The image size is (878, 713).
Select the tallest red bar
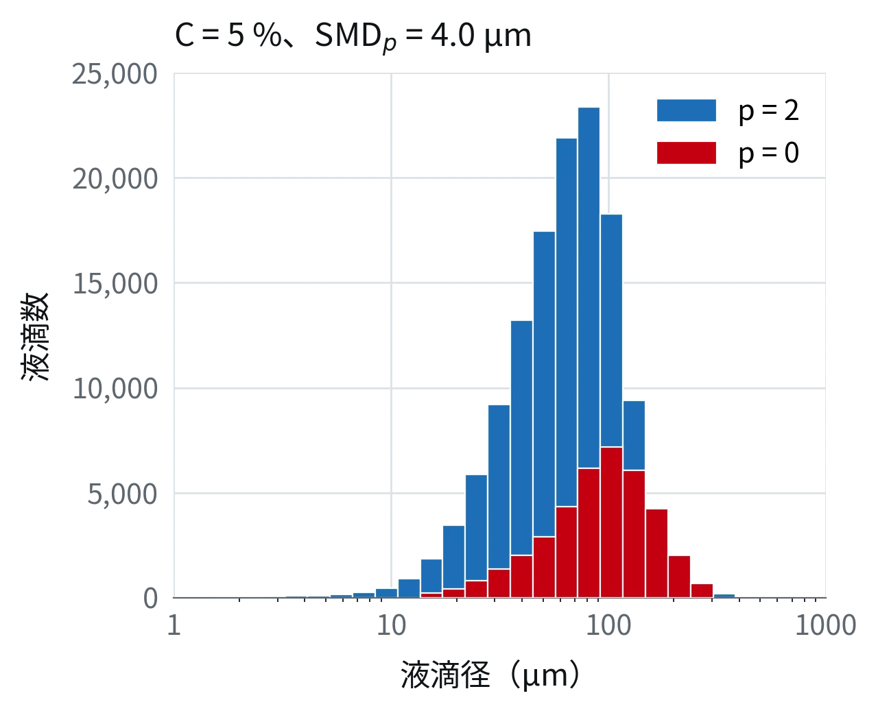(611, 522)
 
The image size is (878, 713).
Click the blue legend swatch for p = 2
(687, 110)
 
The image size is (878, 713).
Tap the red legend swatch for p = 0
(687, 153)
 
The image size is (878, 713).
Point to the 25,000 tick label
(115, 75)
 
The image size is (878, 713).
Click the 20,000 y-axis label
(115, 179)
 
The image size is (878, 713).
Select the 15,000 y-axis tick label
(115, 284)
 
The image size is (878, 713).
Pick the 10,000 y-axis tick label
(115, 389)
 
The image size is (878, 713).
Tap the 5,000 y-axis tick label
(122, 494)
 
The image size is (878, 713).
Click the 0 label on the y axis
(150, 598)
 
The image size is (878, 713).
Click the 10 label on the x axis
(391, 625)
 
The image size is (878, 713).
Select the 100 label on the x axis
(608, 625)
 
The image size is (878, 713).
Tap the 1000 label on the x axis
(826, 625)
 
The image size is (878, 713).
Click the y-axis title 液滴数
(36, 337)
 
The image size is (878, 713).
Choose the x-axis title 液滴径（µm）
(490, 675)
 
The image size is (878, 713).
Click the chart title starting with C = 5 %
(353, 36)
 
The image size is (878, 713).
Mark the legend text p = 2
(768, 111)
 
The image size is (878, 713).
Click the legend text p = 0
(768, 154)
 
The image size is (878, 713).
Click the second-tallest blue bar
(567, 322)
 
